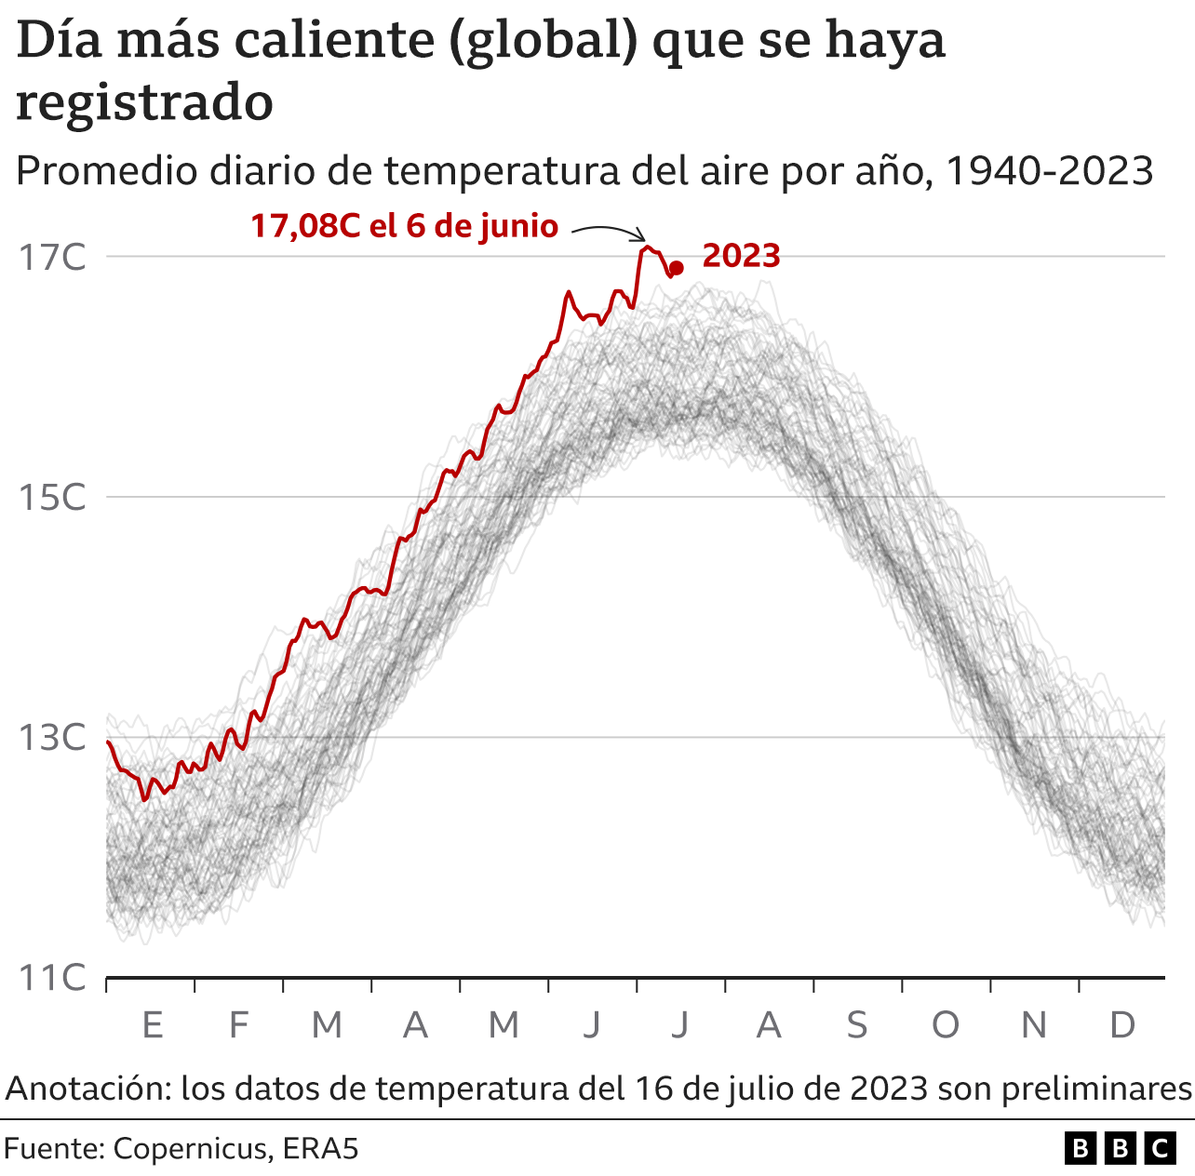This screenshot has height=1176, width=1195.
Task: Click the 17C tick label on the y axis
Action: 52,258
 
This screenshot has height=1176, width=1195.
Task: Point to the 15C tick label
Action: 52,498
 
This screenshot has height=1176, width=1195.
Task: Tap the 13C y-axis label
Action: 52,738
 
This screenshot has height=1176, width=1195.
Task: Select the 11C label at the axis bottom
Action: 52,978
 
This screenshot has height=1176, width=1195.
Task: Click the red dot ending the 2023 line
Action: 677,268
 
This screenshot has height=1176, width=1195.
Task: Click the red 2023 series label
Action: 741,256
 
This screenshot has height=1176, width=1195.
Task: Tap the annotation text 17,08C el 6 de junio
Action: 404,226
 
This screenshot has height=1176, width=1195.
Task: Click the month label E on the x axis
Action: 152,1025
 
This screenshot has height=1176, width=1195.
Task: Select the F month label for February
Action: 239,1025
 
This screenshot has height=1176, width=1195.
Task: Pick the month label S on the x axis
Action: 856,1025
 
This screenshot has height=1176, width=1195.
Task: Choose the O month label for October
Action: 945,1025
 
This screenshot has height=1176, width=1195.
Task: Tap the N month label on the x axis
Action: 1034,1025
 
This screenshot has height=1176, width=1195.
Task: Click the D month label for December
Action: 1122,1025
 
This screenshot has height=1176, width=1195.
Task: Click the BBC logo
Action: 1120,1149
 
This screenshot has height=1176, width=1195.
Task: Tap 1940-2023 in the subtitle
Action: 1049,171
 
